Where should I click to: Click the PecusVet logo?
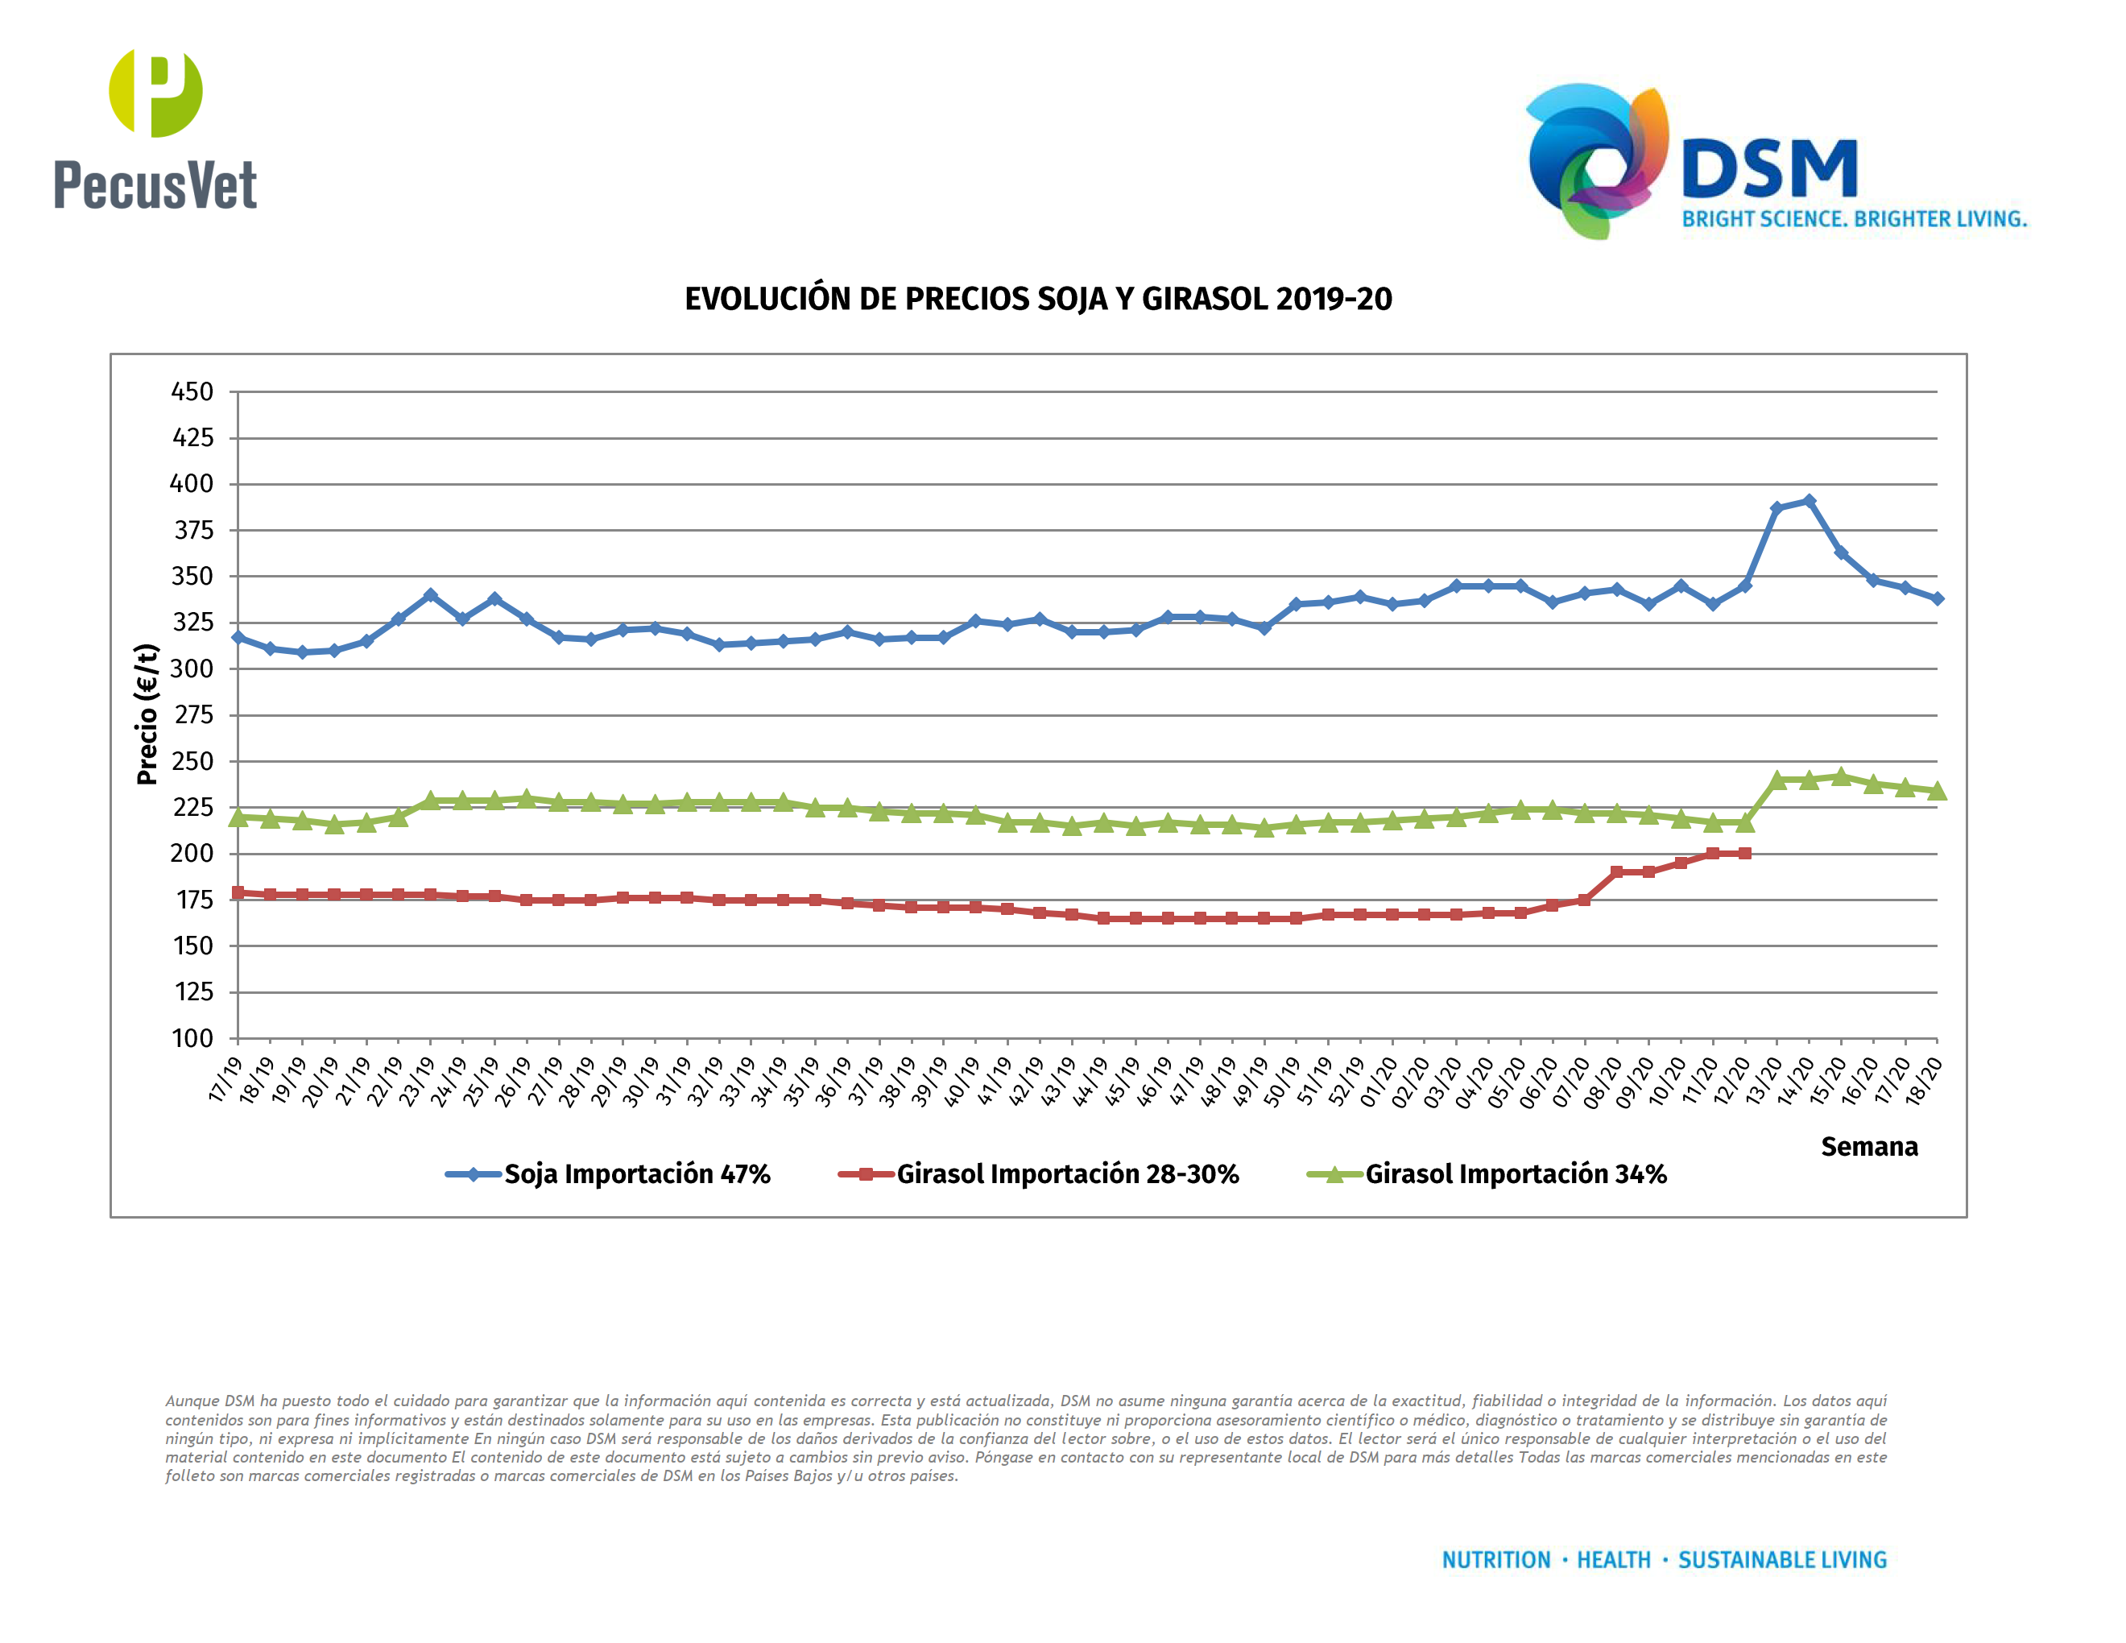click(x=155, y=130)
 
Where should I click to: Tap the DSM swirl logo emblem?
click(x=1596, y=160)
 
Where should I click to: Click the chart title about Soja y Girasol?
click(x=1038, y=299)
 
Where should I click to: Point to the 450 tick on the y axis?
click(x=192, y=392)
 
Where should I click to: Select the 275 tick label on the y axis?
click(x=192, y=715)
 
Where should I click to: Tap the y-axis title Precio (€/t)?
click(x=147, y=714)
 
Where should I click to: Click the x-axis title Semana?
click(x=1868, y=1147)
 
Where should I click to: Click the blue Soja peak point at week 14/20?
click(x=1809, y=501)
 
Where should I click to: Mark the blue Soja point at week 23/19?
click(x=430, y=594)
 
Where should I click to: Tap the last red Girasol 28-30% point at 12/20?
click(x=1744, y=854)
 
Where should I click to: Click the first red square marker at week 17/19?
click(x=238, y=892)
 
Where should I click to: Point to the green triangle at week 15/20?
click(x=1841, y=776)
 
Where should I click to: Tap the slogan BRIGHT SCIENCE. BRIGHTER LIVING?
click(x=1854, y=219)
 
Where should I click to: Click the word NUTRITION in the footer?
click(x=1495, y=1560)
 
